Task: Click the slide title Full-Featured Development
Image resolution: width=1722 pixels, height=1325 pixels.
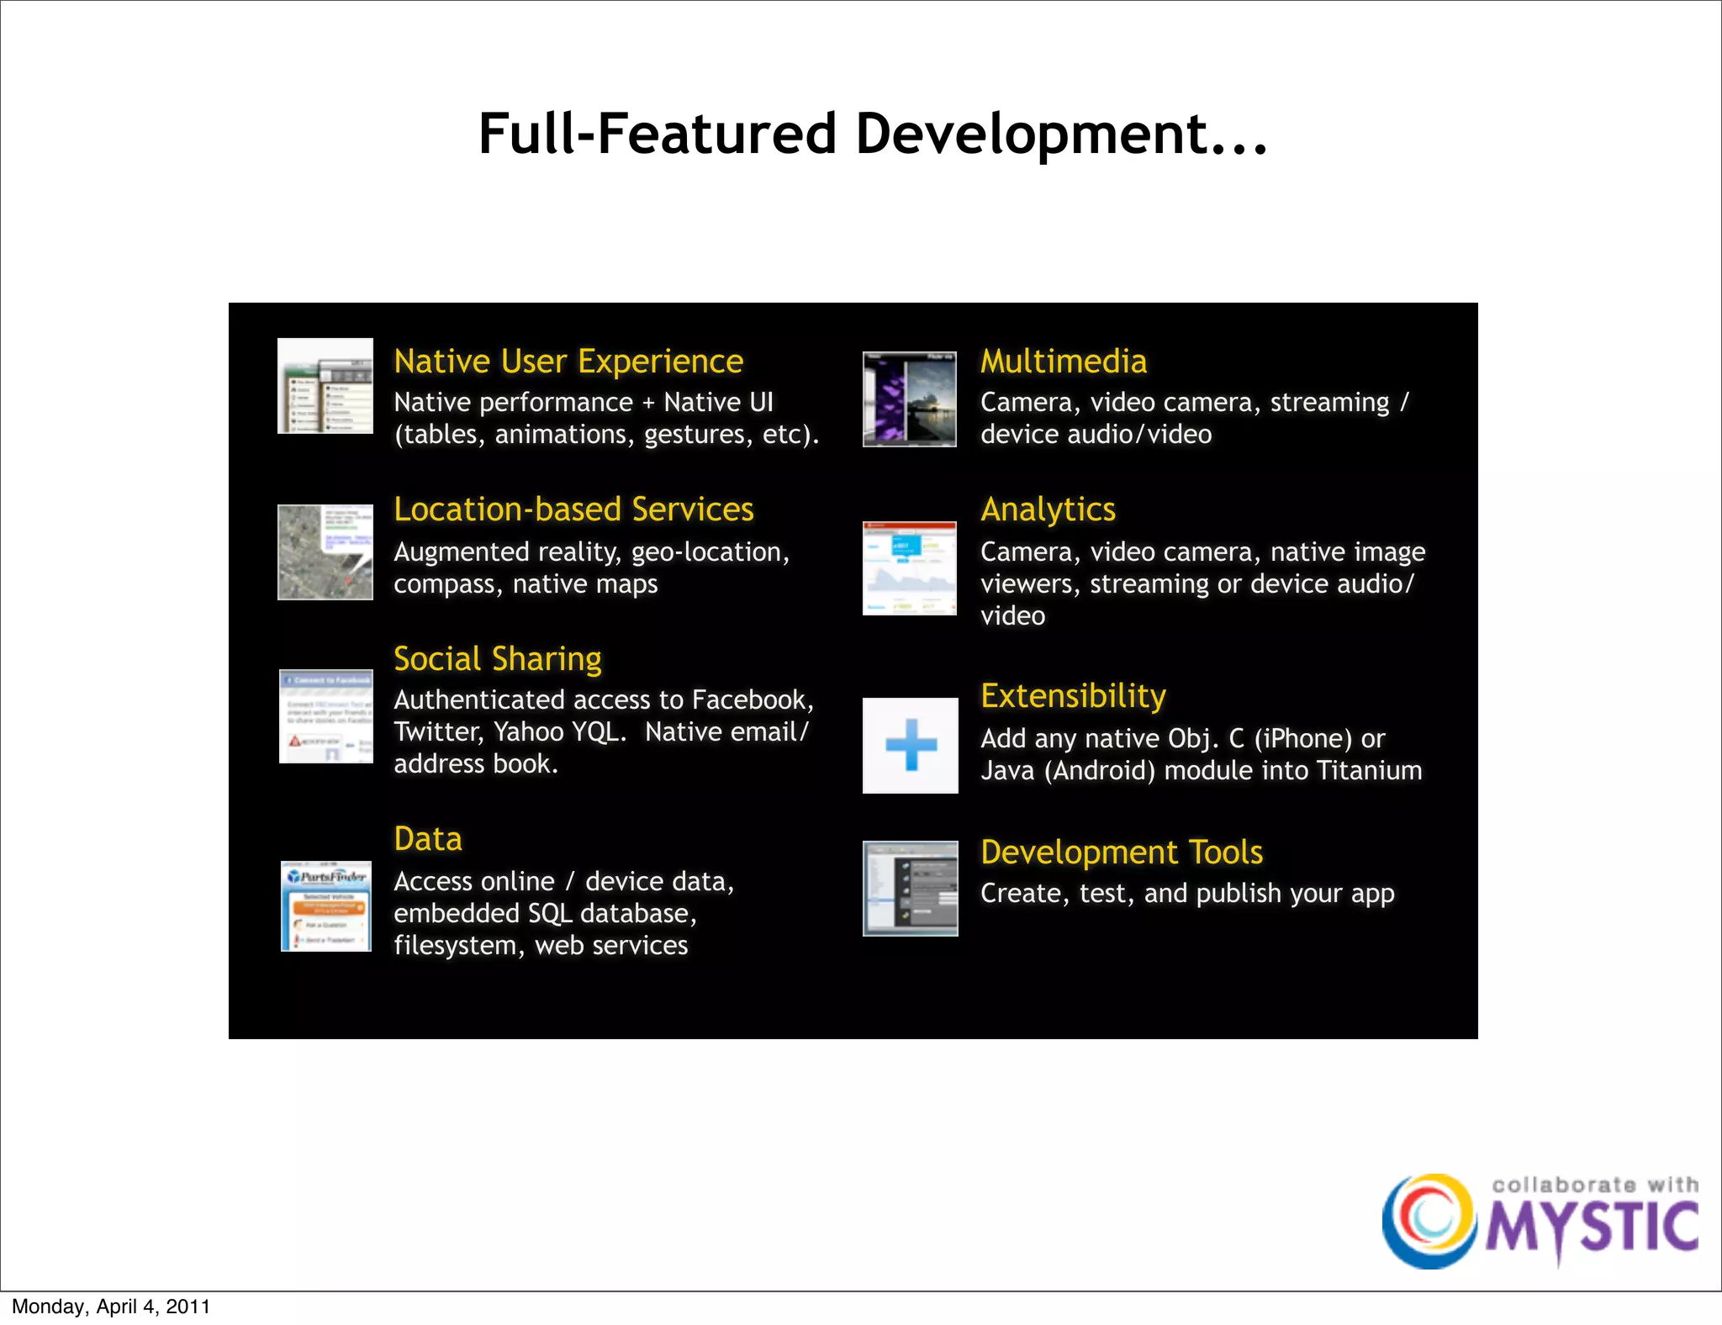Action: (872, 135)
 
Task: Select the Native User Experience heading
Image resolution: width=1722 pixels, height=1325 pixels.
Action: (568, 362)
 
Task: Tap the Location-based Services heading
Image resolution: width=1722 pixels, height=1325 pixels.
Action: (573, 509)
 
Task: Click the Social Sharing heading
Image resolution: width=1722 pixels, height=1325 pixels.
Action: (498, 659)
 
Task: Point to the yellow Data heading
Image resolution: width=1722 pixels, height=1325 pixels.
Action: (428, 839)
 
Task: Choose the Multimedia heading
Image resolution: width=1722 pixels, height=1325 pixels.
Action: (1064, 362)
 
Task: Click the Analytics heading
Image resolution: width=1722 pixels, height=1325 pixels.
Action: (1048, 509)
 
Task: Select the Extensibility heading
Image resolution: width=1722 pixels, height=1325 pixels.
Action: (1073, 696)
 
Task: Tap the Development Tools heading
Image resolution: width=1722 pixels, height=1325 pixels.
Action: (1122, 853)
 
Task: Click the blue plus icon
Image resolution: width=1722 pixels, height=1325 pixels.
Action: (911, 745)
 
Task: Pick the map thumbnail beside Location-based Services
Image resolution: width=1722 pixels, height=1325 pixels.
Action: (325, 552)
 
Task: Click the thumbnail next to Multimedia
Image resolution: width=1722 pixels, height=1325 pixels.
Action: (910, 399)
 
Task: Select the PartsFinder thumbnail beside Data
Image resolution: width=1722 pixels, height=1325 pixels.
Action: (326, 906)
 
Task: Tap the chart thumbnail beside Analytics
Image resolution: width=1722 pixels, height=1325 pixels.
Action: (910, 568)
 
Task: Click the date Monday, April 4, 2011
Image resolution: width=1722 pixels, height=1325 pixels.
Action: (111, 1307)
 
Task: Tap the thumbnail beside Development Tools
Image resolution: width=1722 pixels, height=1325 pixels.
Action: (911, 888)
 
